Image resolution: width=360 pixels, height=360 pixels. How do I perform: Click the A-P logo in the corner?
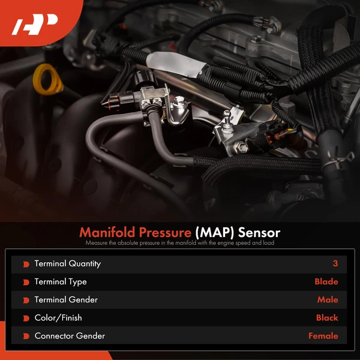pos(35,26)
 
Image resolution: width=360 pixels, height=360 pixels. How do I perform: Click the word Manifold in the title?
pos(107,232)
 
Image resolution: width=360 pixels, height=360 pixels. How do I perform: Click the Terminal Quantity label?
pos(67,264)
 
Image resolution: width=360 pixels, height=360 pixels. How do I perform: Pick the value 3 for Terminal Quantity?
pos(335,264)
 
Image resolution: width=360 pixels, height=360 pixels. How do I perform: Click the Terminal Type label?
pos(60,282)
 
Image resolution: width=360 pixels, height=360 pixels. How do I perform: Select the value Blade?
pos(326,282)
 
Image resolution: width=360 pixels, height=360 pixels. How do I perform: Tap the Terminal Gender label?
pos(65,300)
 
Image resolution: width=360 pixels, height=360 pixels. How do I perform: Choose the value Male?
pos(327,300)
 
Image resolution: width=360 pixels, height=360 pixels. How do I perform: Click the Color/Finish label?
pos(58,318)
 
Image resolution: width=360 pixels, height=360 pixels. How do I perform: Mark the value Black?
pos(326,318)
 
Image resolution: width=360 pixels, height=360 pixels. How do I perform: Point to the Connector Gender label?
pos(70,336)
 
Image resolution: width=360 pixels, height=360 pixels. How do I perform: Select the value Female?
pos(323,336)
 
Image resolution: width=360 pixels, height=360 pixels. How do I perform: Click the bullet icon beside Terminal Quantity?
pos(26,264)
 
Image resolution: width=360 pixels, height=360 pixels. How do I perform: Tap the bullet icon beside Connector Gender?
pos(26,336)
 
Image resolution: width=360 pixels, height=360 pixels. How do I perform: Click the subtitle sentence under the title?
pos(179,244)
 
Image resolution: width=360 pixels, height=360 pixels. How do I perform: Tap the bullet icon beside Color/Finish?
pos(26,318)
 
